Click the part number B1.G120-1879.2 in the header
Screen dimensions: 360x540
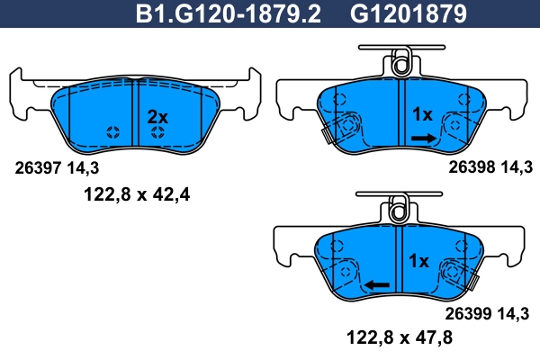pos(229,15)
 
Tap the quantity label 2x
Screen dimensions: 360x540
pos(157,116)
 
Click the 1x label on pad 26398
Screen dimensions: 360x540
pos(422,114)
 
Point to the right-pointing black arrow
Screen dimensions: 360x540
pos(423,138)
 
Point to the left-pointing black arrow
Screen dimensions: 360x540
pos(376,285)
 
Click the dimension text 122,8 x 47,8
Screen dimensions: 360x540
pos(399,338)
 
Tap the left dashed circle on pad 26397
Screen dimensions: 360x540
pos(113,132)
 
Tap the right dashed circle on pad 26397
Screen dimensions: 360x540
pos(158,132)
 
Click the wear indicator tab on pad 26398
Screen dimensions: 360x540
pos(325,135)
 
